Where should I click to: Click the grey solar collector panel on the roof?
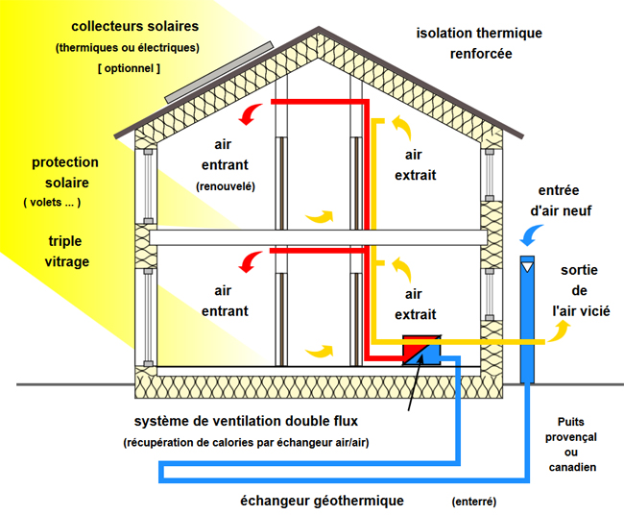tap(219, 72)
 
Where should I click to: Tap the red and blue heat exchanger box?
tap(421, 350)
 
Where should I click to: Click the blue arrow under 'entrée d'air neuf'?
tap(531, 235)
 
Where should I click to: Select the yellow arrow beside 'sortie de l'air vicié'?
tap(559, 331)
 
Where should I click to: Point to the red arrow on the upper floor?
tap(250, 114)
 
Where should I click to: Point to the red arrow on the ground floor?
tap(250, 262)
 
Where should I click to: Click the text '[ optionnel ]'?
tap(129, 68)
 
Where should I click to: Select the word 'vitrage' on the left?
tap(67, 262)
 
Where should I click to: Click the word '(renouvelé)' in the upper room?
tap(226, 186)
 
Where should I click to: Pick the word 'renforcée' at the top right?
tap(481, 54)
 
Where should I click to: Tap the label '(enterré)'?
tap(474, 502)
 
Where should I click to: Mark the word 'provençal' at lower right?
tap(570, 438)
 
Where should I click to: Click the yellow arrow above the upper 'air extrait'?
tap(403, 128)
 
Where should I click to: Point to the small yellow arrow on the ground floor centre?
tap(319, 351)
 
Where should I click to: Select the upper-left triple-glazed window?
tap(148, 186)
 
